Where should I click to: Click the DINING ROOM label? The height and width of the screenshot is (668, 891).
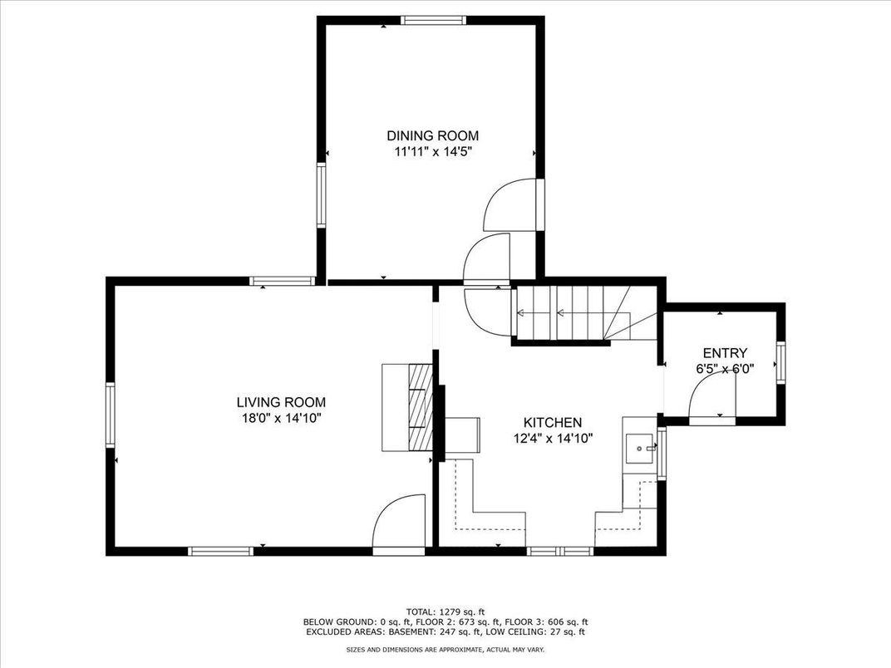coord(432,135)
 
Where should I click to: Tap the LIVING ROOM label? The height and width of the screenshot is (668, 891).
coord(281,403)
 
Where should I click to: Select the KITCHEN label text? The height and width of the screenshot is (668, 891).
coord(553,423)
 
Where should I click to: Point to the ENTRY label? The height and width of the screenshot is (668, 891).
coord(725,353)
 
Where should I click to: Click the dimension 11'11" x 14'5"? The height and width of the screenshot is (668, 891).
coord(434,152)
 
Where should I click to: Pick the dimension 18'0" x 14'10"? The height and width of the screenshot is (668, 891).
coord(281,419)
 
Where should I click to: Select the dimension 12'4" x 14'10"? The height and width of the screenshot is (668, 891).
coord(553,439)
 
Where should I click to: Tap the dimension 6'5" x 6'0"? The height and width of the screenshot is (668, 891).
coord(725,369)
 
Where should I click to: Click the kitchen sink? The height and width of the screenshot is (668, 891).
coord(640,448)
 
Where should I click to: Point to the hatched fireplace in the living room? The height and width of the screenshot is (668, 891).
coord(421,407)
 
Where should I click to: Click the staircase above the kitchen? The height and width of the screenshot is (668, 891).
coord(585,313)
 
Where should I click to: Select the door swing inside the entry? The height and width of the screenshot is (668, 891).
coord(712,398)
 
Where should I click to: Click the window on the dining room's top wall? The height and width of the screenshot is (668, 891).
coord(434,20)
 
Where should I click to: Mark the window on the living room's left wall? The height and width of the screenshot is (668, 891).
coord(111,415)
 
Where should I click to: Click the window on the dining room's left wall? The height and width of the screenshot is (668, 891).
coord(321,195)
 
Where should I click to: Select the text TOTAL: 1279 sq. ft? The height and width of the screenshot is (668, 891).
coord(445,612)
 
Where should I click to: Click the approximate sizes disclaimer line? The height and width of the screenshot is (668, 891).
coord(445,649)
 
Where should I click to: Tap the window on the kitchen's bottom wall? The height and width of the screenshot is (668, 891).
coord(560,550)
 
